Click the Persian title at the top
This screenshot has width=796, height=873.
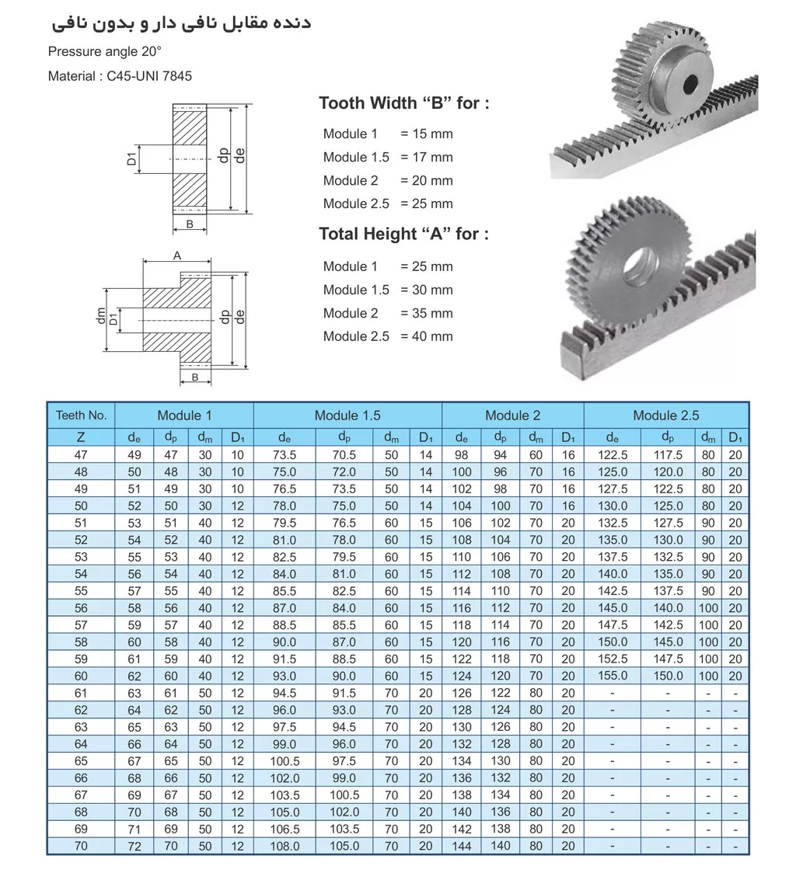[181, 23]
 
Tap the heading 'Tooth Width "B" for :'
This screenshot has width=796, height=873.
[404, 103]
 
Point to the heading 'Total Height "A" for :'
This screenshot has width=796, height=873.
[404, 234]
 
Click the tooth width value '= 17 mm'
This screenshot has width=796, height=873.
[426, 157]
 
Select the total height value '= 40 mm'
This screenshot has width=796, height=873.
[426, 336]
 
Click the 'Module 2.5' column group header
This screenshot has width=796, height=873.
[665, 415]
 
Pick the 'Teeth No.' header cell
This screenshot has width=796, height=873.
[81, 415]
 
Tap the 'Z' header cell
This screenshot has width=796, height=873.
[81, 437]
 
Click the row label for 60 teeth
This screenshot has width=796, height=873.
[81, 676]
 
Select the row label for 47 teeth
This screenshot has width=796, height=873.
[81, 455]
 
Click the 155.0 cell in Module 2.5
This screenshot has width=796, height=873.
[613, 676]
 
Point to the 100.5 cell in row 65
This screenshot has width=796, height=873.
[285, 761]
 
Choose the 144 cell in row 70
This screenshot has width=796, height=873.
[462, 846]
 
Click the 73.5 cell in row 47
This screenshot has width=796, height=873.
[285, 455]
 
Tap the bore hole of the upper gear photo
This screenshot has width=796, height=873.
[690, 82]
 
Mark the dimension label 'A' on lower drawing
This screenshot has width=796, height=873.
[176, 256]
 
